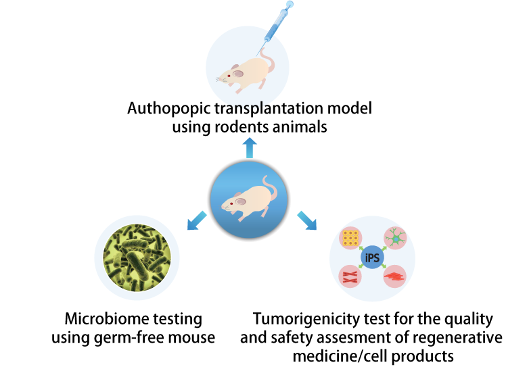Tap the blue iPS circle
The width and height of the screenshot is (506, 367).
[x=371, y=257]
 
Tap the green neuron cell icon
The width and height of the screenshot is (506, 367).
[x=394, y=239]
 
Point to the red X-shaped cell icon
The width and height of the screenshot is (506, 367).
[x=350, y=275]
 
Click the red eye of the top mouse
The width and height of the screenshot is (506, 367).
[x=229, y=75]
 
